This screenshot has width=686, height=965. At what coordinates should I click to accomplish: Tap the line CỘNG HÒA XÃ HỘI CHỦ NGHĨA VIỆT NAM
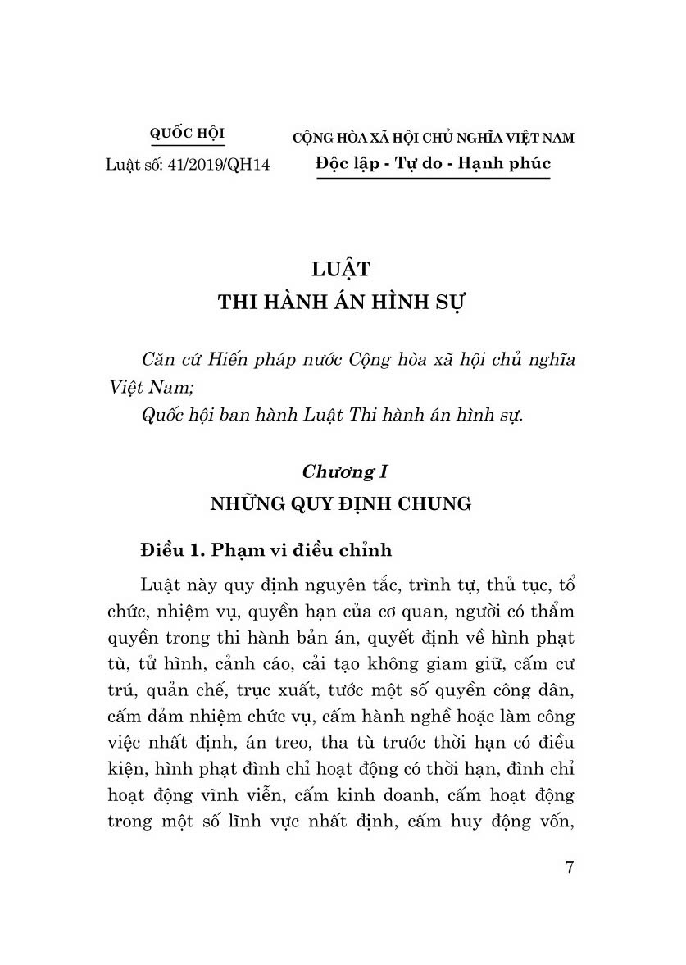coord(434,138)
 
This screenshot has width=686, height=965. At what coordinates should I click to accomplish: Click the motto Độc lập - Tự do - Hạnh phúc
coord(434,163)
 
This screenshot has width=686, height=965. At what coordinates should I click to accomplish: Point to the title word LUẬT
coord(343,269)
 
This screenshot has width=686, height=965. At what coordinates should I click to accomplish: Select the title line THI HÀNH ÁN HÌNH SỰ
coord(342,301)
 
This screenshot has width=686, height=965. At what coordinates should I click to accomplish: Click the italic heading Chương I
coord(343,471)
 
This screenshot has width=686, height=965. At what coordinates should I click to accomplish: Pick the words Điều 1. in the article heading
coord(170,549)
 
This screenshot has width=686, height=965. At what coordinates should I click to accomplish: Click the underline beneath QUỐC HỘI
coord(188,146)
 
